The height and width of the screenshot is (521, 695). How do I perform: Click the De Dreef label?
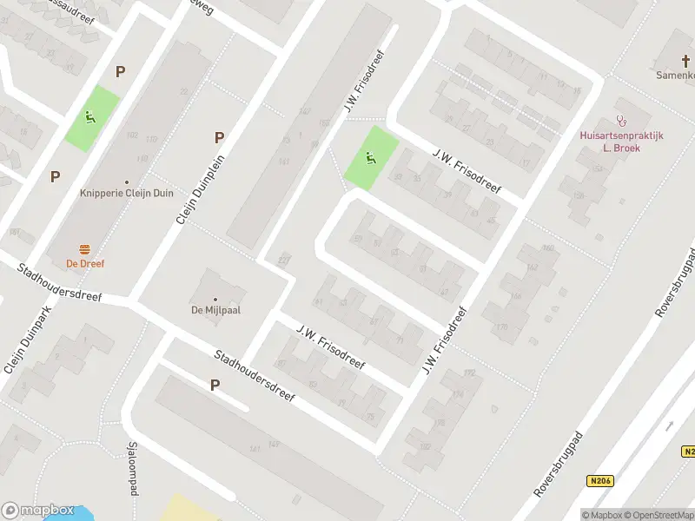pos(86,262)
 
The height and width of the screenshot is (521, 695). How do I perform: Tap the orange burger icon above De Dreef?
pos(86,248)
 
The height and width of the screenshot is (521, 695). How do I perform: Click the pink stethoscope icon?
pos(621,122)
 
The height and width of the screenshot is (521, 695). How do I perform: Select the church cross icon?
pos(678,59)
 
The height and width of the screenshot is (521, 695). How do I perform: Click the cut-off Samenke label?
pos(675,76)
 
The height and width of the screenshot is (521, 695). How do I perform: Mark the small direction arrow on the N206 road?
pos(670,425)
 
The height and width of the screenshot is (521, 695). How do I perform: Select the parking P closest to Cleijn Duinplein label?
pos(219,137)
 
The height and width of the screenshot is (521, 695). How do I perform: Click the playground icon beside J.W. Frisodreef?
pos(371,157)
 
